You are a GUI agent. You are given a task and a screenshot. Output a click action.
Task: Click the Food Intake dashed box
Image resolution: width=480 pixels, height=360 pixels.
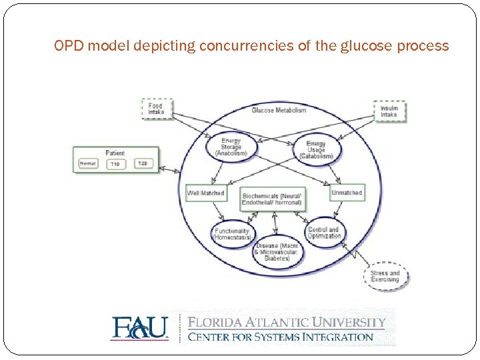(x=157, y=109)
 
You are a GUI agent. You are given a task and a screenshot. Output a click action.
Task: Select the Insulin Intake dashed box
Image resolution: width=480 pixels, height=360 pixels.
(x=389, y=111)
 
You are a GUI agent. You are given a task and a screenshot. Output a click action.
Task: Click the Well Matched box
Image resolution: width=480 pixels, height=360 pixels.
(x=206, y=193)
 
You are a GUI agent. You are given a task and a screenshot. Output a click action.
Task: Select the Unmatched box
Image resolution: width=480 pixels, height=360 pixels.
(x=346, y=193)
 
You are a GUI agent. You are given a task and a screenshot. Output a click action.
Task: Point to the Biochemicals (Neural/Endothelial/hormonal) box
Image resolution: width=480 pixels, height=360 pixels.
(x=272, y=199)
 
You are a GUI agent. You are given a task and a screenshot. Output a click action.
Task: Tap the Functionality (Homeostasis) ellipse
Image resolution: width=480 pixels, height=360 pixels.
(x=231, y=234)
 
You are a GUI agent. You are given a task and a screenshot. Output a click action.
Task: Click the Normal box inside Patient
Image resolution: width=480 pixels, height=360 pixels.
(x=88, y=163)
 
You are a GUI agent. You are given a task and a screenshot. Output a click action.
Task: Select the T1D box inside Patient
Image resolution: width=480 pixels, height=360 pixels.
(x=115, y=164)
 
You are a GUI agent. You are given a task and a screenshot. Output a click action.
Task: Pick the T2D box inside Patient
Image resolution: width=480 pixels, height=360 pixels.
(x=143, y=163)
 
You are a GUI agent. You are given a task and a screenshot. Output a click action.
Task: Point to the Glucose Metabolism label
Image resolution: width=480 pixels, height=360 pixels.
(x=279, y=110)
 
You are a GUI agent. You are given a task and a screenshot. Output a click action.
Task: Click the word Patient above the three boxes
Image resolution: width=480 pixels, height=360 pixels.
(x=115, y=153)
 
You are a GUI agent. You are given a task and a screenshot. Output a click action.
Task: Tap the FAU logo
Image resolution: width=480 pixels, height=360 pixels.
(x=139, y=328)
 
